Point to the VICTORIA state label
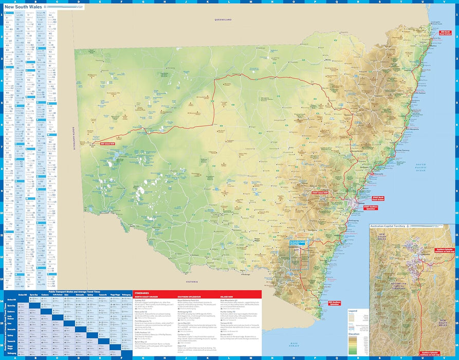(192, 282)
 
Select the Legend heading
(353, 311)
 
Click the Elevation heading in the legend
(354, 334)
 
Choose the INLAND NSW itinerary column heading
(228, 297)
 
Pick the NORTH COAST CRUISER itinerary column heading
(150, 297)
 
